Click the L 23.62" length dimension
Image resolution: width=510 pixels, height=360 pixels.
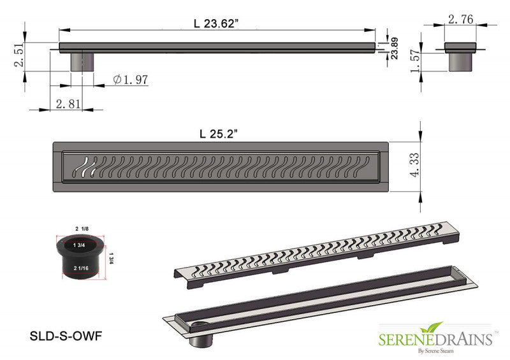(216, 24)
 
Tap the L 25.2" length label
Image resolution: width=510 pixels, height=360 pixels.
(219, 134)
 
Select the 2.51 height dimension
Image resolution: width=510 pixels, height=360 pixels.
(19, 55)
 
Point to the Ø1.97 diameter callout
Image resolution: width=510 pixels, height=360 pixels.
(131, 80)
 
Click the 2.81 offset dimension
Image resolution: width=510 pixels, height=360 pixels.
(68, 104)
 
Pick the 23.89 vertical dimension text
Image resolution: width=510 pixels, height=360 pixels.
(394, 48)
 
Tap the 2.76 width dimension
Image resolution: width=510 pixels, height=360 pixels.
(460, 20)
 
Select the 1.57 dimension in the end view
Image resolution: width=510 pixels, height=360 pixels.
(416, 61)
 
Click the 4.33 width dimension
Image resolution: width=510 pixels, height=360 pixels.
(415, 165)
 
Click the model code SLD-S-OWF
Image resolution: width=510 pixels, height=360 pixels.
(66, 336)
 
